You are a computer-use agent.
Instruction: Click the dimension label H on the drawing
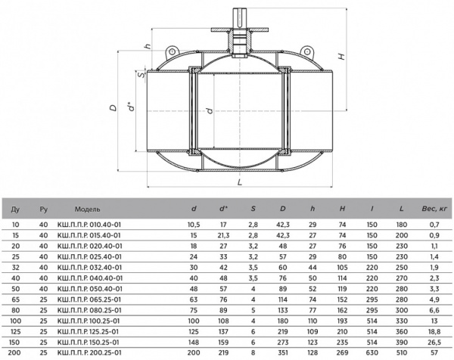click(342, 56)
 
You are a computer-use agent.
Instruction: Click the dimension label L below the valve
click(239, 182)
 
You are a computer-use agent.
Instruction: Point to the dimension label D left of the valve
click(113, 107)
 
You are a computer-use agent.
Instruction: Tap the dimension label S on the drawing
click(141, 75)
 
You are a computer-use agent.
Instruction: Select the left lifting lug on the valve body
click(172, 51)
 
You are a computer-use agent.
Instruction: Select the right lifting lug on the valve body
click(306, 51)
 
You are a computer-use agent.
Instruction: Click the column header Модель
click(88, 209)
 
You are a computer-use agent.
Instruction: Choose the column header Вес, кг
click(434, 209)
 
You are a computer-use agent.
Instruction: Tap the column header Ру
click(43, 209)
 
